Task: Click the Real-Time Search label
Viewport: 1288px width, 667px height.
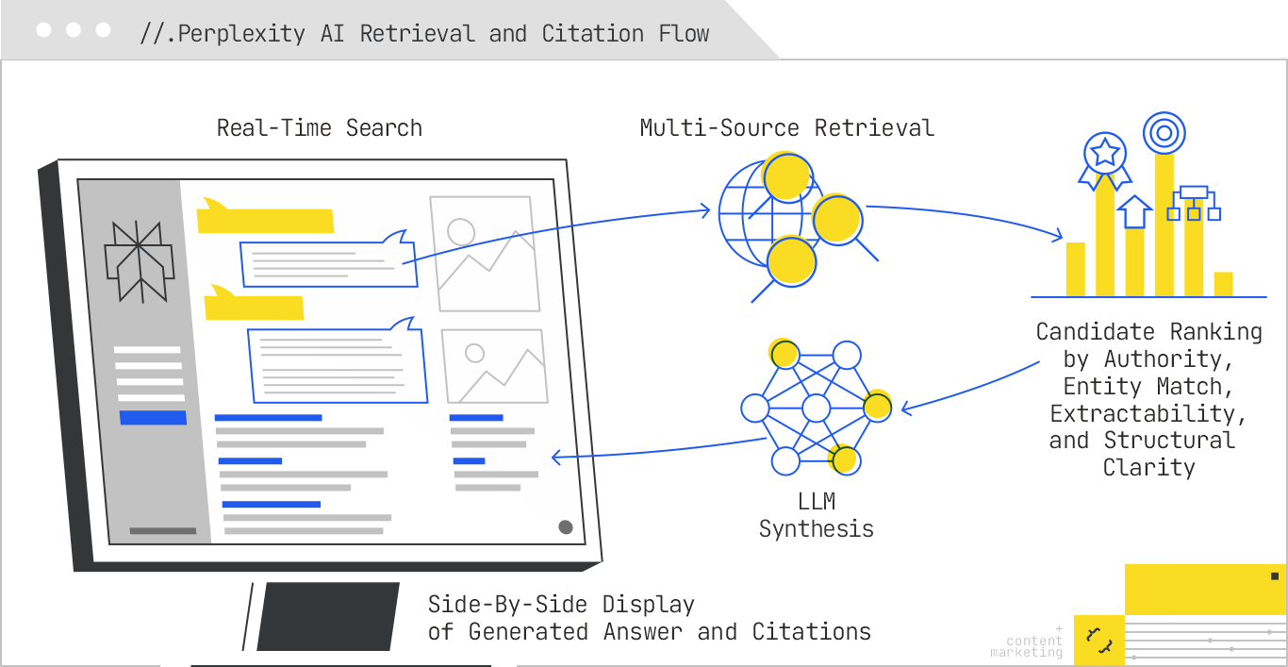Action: point(319,128)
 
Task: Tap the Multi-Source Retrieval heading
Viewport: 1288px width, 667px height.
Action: point(786,128)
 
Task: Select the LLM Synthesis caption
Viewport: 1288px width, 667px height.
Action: point(816,515)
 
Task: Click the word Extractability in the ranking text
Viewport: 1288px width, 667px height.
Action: point(1148,413)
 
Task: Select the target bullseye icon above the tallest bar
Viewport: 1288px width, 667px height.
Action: point(1164,133)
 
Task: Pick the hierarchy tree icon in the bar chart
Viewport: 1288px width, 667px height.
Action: point(1194,202)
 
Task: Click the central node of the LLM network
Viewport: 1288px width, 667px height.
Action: point(816,409)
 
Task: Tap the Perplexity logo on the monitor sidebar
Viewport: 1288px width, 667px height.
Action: point(139,261)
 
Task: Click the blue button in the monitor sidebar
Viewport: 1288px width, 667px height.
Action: point(152,417)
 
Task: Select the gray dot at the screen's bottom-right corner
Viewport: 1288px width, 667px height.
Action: point(566,527)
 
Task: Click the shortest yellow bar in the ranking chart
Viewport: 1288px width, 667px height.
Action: point(1223,284)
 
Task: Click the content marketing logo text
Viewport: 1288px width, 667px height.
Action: point(1031,647)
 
